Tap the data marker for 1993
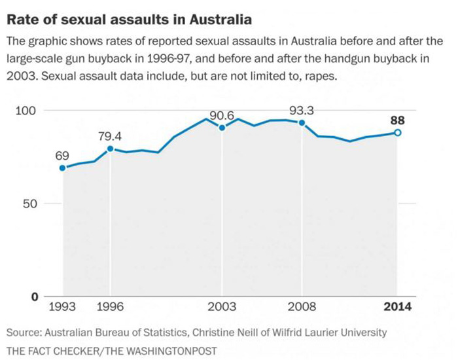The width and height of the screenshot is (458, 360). tap(63, 168)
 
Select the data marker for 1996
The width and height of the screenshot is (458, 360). tap(110, 149)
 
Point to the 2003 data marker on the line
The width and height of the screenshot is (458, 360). tap(222, 128)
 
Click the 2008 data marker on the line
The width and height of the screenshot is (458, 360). tap(302, 123)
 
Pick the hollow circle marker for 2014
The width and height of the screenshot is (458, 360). tap(397, 133)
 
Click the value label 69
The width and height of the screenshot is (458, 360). tap(62, 156)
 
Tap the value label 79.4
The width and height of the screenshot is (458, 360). tap(110, 136)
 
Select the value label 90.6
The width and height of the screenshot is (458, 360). tap(222, 116)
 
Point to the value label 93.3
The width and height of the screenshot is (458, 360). tap(302, 111)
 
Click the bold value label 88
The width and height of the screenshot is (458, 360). tap(397, 120)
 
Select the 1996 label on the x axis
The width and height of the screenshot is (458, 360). tap(110, 306)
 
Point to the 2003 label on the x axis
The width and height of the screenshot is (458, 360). tap(222, 306)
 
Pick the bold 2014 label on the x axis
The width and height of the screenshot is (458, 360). tap(396, 306)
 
